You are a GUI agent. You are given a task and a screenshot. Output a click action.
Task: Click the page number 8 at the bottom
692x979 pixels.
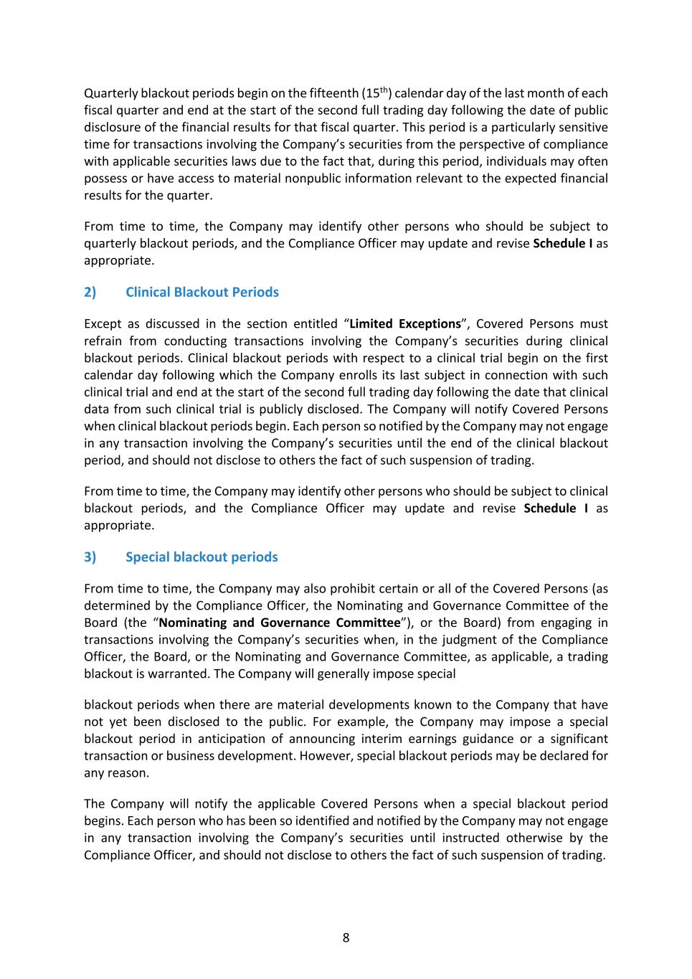(346, 937)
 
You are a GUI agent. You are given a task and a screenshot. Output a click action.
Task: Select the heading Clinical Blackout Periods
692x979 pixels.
(202, 292)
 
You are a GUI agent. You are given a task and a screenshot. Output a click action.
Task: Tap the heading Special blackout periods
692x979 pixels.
(202, 557)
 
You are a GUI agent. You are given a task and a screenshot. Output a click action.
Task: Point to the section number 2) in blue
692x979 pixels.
(90, 292)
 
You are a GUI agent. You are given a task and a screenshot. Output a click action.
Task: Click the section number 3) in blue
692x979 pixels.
(90, 557)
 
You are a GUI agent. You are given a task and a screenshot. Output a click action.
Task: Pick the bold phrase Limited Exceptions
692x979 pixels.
(405, 323)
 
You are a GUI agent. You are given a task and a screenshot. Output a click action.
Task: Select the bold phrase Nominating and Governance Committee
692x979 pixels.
(280, 623)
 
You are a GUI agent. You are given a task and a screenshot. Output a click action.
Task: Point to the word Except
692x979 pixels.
(103, 323)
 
